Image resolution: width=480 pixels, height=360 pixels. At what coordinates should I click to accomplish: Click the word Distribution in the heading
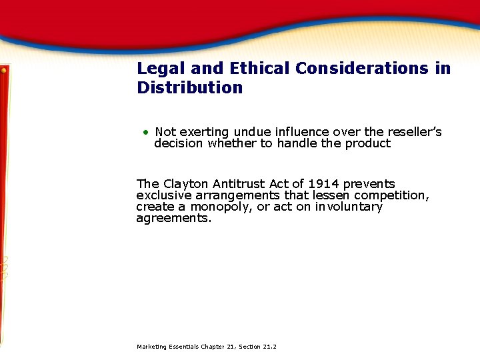[x=190, y=88]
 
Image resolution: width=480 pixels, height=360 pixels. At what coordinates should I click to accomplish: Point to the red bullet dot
[x=145, y=132]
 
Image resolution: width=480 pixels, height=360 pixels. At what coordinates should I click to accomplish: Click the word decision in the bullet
[x=179, y=143]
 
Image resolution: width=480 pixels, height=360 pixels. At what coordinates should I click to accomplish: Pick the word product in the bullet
[x=367, y=143]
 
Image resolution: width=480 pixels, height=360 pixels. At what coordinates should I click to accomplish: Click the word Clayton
[x=185, y=184]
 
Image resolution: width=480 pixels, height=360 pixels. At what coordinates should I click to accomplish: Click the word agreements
[x=173, y=218]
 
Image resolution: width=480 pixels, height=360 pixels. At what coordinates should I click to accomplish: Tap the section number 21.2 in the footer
[x=269, y=347]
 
